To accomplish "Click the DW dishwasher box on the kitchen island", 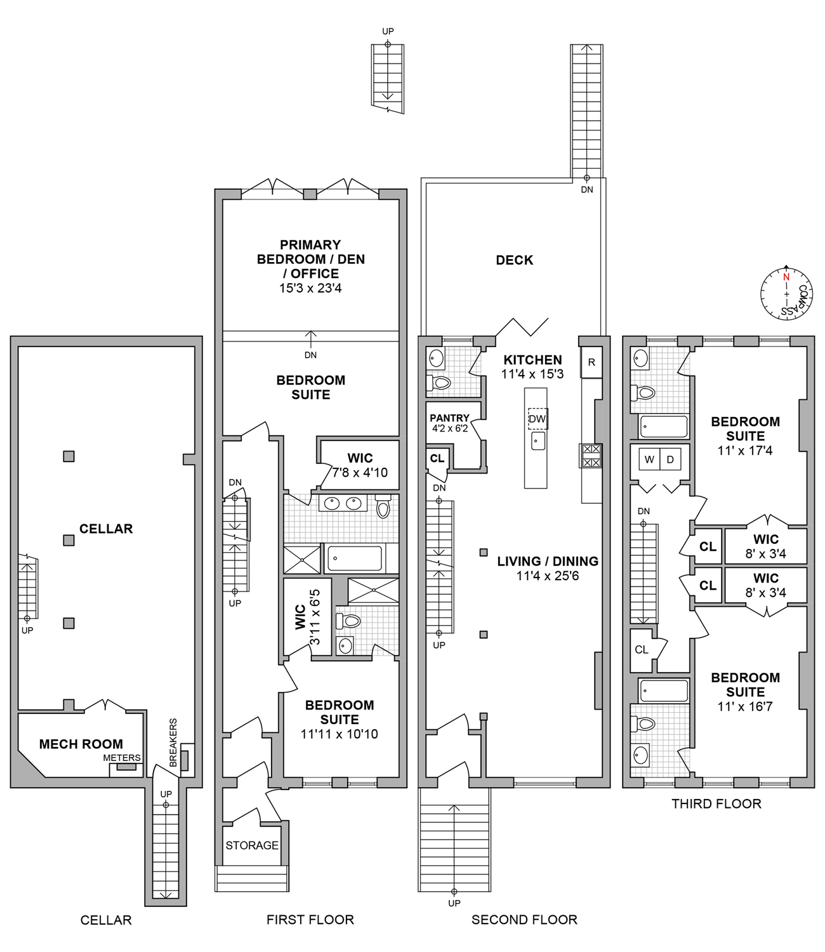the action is pos(537,419).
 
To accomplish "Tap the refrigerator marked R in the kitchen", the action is pos(591,362).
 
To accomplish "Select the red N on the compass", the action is pos(786,277).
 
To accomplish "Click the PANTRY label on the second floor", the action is pos(449,418).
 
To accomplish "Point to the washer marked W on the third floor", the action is pos(649,459).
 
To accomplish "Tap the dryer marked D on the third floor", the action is pos(670,459).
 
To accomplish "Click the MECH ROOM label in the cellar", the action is pos(81,744).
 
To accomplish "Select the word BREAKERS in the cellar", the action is pos(173,743).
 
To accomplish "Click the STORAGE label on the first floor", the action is pos(252,845).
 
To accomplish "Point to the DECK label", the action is pos(515,260).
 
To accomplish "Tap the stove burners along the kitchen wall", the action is pos(590,456).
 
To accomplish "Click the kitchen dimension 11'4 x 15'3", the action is pos(532,374).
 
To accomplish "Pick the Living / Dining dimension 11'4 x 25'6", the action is pos(548,576).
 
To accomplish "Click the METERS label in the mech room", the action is pos(122,758).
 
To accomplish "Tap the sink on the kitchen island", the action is pos(538,440).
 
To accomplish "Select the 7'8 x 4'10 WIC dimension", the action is pos(360,473).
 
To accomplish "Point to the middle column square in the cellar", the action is pos(69,540).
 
